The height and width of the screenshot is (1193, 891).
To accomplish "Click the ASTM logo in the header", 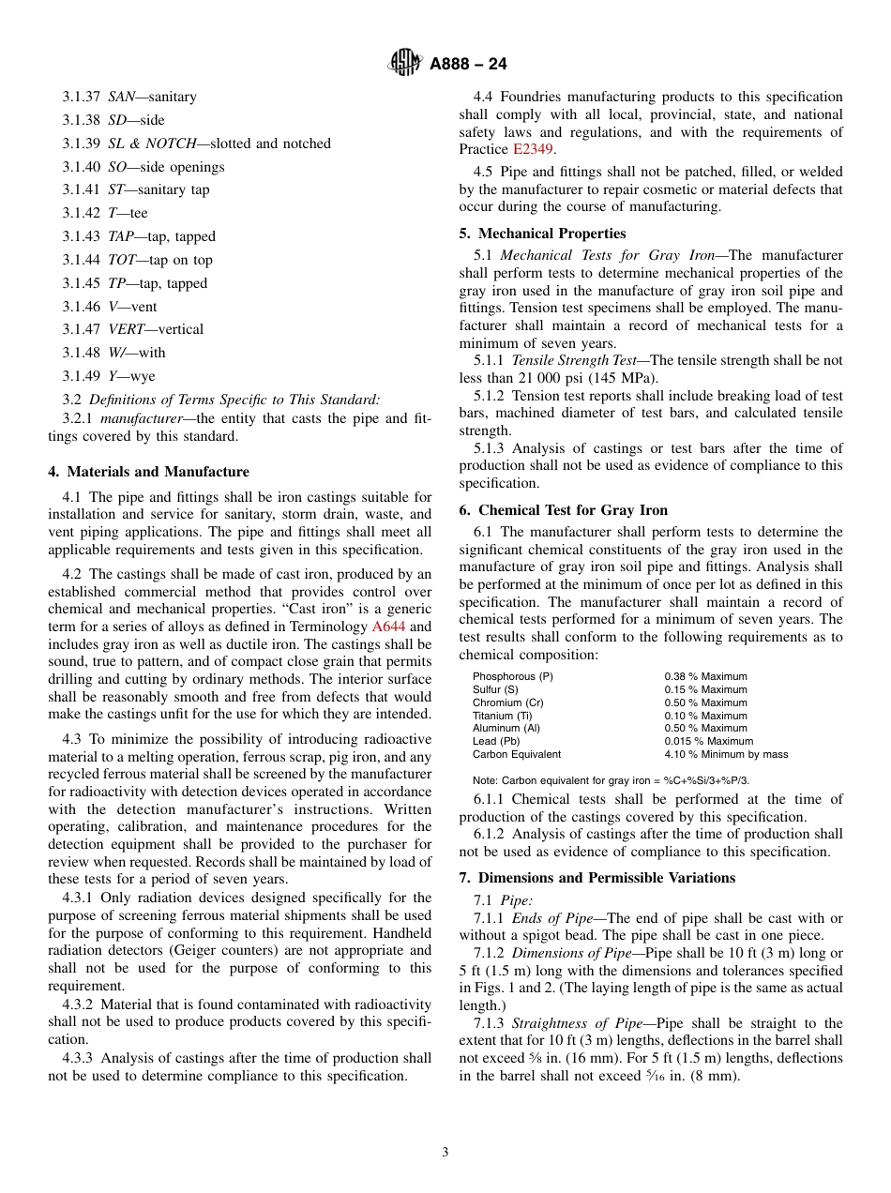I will (405, 64).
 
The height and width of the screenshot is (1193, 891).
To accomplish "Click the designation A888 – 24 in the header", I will (468, 64).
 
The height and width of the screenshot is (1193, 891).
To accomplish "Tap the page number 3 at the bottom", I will (445, 1153).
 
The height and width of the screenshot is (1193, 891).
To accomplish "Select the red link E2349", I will (534, 149).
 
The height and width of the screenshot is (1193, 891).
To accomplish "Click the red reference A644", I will (389, 627).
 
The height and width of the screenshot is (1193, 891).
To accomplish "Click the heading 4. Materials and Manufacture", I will (149, 472).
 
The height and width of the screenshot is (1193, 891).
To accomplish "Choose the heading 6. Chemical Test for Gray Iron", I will (564, 510).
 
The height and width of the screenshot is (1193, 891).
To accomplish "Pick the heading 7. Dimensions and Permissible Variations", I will (597, 878).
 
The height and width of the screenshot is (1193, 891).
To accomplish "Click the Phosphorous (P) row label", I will (513, 676).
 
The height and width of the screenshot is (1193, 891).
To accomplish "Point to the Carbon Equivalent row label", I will (517, 754).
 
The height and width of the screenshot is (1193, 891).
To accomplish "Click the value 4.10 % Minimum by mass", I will (726, 754).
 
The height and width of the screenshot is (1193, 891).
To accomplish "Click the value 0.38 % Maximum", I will (705, 676).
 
